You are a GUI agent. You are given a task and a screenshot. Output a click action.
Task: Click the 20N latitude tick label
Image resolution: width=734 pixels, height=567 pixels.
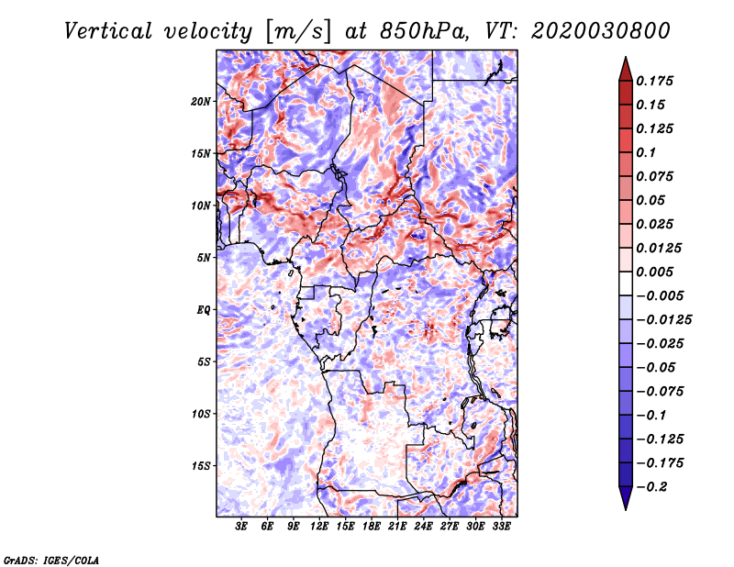point(201,102)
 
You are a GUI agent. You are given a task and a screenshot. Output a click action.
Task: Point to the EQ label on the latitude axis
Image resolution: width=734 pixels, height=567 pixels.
point(204,310)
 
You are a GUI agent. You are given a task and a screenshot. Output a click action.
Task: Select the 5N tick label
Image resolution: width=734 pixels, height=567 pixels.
point(204,258)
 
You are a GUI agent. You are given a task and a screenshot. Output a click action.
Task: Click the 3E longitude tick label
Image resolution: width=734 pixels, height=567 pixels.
point(241,527)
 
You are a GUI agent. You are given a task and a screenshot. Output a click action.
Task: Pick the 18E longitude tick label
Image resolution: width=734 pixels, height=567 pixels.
point(372,527)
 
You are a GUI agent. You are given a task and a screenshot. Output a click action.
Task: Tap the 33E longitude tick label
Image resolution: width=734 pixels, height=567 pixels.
point(501,527)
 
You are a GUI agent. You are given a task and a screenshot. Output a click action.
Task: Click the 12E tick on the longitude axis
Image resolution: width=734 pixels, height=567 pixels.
point(319,527)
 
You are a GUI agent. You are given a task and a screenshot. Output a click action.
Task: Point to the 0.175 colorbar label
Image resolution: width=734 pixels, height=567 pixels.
point(654,81)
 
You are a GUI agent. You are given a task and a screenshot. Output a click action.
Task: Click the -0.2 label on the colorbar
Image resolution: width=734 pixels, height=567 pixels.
point(651,487)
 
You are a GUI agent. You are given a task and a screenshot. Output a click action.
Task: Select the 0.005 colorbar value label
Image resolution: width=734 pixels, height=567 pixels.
point(654,272)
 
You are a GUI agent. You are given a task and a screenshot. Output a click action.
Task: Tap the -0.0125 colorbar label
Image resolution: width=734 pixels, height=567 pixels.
point(663,320)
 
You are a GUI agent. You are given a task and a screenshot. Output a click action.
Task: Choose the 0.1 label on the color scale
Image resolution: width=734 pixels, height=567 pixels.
point(646,152)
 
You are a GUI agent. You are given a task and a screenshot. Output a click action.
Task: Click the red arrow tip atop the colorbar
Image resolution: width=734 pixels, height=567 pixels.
point(626,58)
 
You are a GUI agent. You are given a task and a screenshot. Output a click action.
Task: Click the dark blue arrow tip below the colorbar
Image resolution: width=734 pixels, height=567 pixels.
point(626,508)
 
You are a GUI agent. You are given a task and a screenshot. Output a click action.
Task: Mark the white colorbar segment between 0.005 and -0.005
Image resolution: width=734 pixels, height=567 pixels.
point(626,283)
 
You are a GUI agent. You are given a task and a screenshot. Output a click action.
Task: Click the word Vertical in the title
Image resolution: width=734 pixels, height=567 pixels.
point(108,31)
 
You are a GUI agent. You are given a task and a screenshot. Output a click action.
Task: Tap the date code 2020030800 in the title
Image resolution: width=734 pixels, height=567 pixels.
point(601,31)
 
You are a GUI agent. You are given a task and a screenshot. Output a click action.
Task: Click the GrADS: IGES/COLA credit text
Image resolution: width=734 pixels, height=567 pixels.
point(51,561)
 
